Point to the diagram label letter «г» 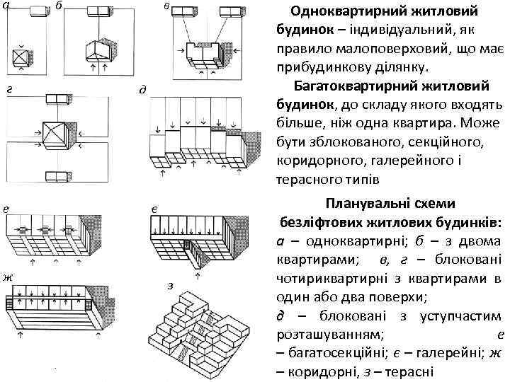tap(8, 88)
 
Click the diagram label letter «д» tap(143, 91)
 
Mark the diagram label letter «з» tap(169, 285)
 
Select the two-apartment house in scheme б tap(96, 51)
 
